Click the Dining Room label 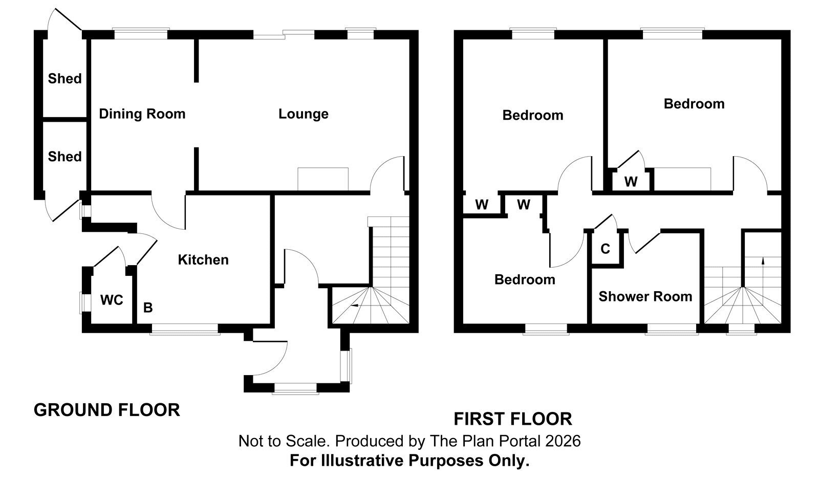[142, 114]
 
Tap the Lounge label [304, 114]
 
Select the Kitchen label [203, 260]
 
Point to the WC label [112, 300]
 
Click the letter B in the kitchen [148, 308]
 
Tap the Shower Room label [645, 296]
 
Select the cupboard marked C [606, 249]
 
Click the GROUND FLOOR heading [107, 410]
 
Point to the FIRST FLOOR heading [513, 419]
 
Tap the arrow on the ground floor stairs [354, 305]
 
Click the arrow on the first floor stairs [763, 260]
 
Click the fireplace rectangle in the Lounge [323, 179]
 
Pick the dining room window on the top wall [141, 34]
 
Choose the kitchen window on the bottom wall [185, 329]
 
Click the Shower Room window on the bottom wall [671, 329]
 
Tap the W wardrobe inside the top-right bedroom [631, 179]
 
